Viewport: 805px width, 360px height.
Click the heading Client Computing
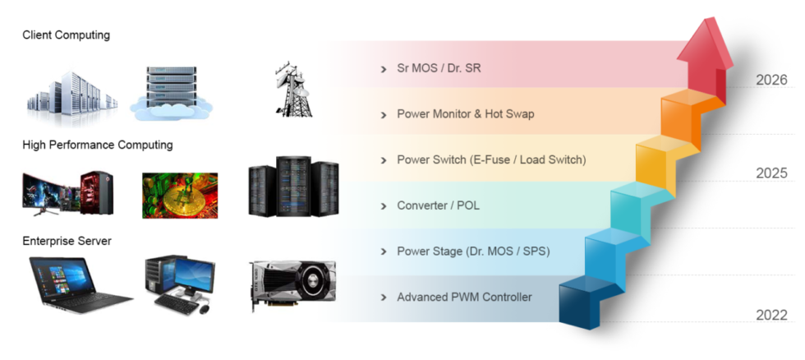[66, 35]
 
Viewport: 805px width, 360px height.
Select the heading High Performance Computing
[98, 145]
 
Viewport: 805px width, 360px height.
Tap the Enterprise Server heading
[67, 241]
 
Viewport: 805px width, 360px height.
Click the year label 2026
[771, 81]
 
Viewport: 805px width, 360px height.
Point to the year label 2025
[771, 173]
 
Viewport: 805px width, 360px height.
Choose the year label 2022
[771, 316]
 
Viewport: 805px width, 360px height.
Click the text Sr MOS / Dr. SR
[439, 68]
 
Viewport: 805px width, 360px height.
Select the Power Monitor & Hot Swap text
[465, 114]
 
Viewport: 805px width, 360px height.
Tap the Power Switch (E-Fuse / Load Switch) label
[491, 159]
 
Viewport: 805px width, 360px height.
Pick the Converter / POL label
[438, 205]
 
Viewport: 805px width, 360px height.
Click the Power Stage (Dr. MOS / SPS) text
[473, 251]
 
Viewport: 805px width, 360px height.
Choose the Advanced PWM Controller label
[464, 297]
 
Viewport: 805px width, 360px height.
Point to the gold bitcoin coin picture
[179, 196]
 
